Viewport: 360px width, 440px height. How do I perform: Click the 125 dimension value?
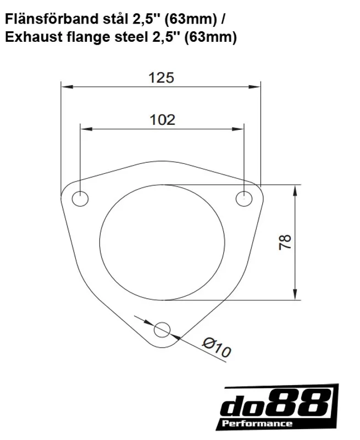click(x=161, y=78)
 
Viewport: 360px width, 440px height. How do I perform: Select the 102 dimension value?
click(x=162, y=119)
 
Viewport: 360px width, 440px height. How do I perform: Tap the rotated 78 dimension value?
click(x=285, y=243)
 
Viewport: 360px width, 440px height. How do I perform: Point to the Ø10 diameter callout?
click(x=216, y=349)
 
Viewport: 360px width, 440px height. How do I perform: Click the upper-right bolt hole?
click(x=244, y=199)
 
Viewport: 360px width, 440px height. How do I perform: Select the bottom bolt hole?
click(x=162, y=330)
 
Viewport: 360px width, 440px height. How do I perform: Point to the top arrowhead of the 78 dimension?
click(x=297, y=188)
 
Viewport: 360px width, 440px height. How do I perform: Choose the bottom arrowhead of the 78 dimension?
click(x=297, y=296)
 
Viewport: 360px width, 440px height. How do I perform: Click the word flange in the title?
click(x=80, y=38)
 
